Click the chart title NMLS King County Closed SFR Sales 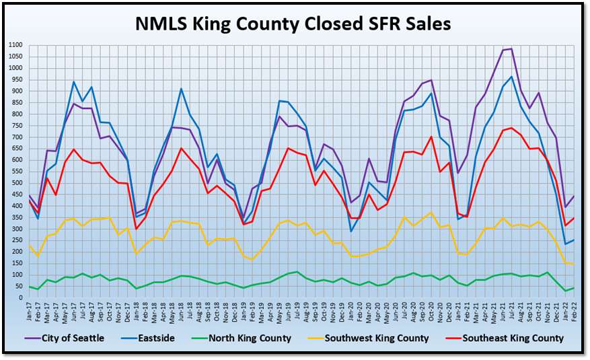(x=293, y=24)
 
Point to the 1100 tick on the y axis (x=15, y=45)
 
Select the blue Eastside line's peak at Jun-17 (x=74, y=81)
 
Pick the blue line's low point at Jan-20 (x=351, y=231)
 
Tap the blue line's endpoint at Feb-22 (x=573, y=240)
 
